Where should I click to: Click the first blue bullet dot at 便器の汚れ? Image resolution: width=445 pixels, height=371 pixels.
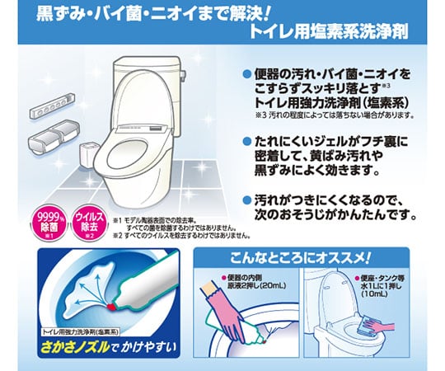pos(245,73)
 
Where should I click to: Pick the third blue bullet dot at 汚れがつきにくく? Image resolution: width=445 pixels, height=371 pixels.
pos(245,200)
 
